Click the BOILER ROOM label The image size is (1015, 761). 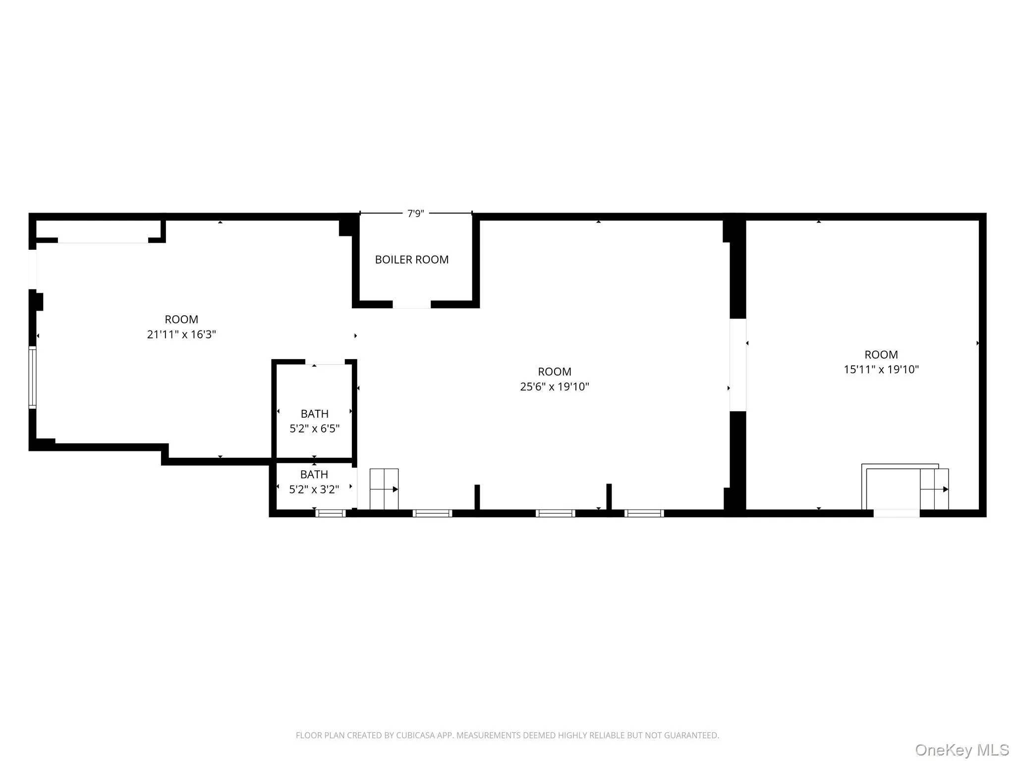click(x=411, y=260)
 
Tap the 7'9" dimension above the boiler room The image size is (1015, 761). click(x=415, y=214)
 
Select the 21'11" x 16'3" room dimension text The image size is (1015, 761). click(x=181, y=334)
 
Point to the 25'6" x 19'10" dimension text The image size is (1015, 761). click(x=554, y=386)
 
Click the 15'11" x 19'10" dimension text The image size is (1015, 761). click(x=881, y=369)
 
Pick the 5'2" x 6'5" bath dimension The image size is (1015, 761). click(x=314, y=429)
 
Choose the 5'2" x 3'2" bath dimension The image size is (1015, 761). click(x=314, y=489)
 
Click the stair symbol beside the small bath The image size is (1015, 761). click(x=384, y=489)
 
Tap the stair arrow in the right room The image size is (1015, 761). click(x=935, y=489)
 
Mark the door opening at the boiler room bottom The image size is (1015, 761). click(x=411, y=304)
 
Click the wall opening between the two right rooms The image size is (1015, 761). click(x=737, y=365)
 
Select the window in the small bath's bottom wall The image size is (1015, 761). click(x=331, y=513)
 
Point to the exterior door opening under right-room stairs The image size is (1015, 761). click(x=896, y=513)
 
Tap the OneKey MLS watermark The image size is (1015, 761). click(x=961, y=750)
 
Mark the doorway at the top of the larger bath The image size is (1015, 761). click(x=325, y=362)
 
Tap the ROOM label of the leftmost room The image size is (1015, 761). click(x=181, y=320)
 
